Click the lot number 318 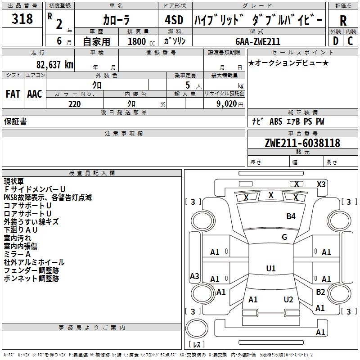[22, 19]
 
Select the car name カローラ [116, 20]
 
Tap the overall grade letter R [343, 20]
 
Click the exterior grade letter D [335, 40]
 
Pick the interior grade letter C [351, 40]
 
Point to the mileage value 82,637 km [54, 64]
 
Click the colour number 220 [74, 104]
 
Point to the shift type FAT [13, 94]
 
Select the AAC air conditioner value [35, 94]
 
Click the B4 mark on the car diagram [291, 216]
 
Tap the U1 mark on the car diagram [270, 269]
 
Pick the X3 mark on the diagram [321, 184]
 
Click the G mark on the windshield [284, 237]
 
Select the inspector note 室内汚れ [18, 238]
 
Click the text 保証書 [15, 121]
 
